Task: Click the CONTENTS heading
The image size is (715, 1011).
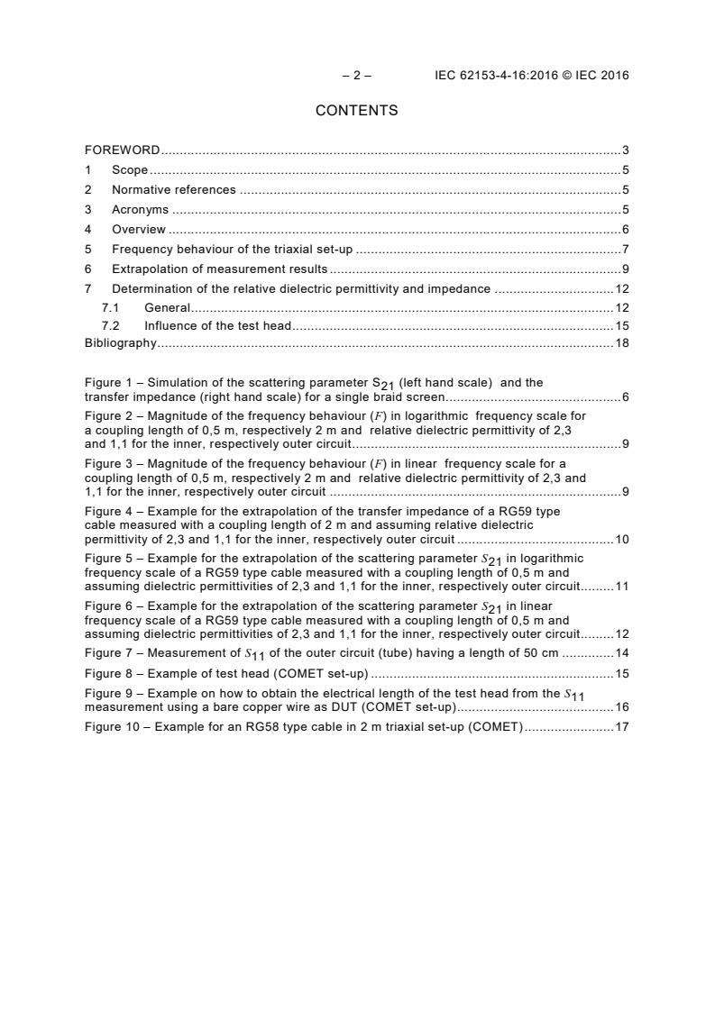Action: (x=356, y=111)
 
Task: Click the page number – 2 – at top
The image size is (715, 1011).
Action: (x=356, y=76)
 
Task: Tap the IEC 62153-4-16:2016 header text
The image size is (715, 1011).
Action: (x=531, y=76)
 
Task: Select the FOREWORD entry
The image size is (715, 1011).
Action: (x=122, y=150)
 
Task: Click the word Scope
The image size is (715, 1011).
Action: (x=130, y=170)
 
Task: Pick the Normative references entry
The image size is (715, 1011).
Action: (x=173, y=190)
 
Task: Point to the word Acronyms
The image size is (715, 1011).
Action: (x=140, y=210)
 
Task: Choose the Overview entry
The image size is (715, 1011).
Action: (x=138, y=230)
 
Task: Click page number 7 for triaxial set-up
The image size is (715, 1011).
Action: (x=625, y=250)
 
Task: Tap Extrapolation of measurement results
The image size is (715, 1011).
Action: (x=219, y=269)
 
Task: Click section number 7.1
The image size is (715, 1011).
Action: (x=111, y=308)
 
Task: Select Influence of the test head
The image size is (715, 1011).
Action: (x=217, y=326)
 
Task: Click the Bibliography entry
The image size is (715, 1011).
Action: (x=120, y=343)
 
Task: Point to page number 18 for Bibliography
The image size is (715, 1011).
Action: (x=621, y=343)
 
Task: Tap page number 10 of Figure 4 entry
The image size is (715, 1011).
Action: (x=621, y=540)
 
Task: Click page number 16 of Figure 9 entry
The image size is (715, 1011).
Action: (x=621, y=708)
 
